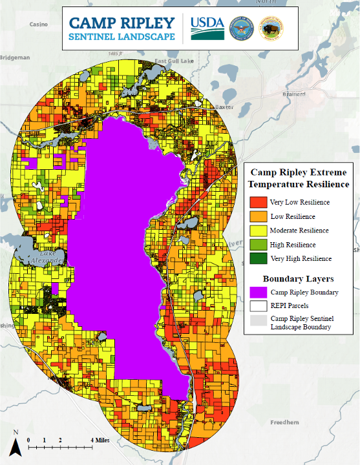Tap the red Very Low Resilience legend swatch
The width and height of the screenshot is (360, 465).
click(258, 202)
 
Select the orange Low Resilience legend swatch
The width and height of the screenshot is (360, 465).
click(258, 216)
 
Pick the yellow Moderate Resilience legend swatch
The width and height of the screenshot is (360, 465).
click(258, 231)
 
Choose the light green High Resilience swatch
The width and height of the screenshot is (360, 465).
click(258, 245)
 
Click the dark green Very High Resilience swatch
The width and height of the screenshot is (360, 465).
click(258, 259)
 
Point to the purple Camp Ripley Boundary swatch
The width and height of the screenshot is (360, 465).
click(258, 292)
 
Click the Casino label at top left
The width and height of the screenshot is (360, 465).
click(39, 24)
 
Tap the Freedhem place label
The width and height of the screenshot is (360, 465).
click(284, 422)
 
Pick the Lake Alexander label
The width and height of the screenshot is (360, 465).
click(52, 256)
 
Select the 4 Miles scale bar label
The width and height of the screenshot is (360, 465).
click(100, 440)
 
